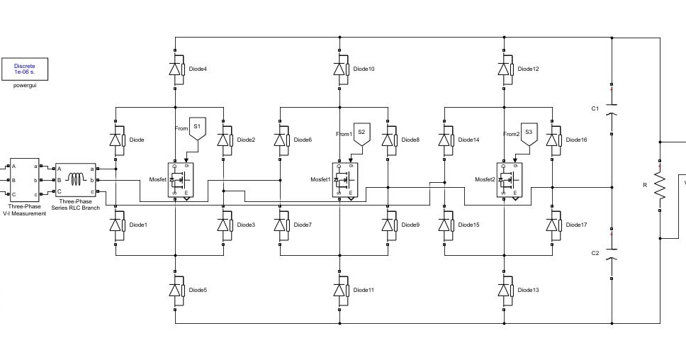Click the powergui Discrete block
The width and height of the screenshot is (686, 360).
24,69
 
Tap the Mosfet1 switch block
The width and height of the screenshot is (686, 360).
345,180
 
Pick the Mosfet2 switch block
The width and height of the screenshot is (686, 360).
510,180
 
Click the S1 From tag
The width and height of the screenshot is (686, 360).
197,128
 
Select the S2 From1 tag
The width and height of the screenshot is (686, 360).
361,133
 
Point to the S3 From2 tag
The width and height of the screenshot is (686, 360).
529,133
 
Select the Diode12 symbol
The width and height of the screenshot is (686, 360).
505,69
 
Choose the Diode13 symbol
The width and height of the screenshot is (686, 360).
505,290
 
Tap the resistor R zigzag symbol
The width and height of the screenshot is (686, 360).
660,185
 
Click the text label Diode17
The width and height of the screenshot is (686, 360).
576,225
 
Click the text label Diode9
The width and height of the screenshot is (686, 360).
410,225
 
